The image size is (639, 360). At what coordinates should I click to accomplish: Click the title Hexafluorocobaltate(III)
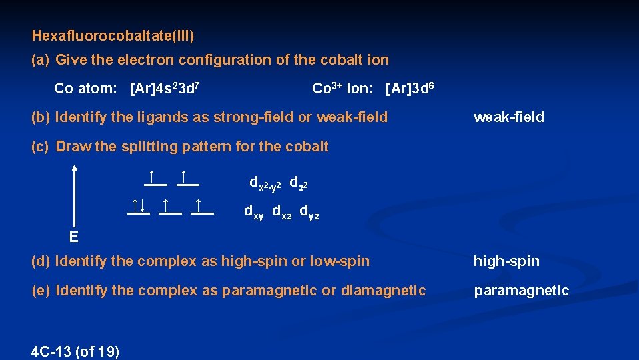click(x=113, y=33)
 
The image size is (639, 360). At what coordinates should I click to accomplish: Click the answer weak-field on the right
click(x=508, y=117)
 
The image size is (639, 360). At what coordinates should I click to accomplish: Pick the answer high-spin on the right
click(x=506, y=261)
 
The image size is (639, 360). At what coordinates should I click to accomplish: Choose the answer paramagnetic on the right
click(x=521, y=290)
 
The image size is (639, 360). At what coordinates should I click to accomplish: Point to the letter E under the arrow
click(x=73, y=237)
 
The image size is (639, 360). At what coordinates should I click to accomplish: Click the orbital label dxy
click(x=254, y=213)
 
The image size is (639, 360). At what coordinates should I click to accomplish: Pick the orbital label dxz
click(x=282, y=213)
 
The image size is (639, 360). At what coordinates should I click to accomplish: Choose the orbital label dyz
click(x=309, y=213)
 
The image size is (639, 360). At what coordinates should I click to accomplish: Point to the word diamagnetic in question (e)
click(x=382, y=290)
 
